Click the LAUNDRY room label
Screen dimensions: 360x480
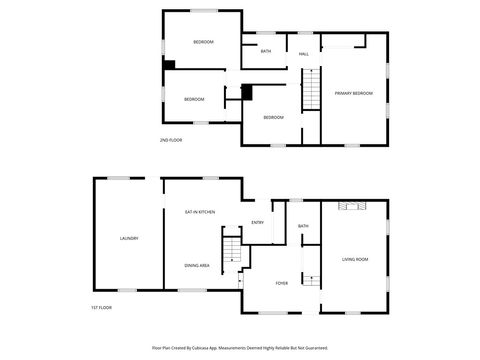[x=129, y=238]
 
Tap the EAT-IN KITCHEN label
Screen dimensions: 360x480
[x=200, y=212]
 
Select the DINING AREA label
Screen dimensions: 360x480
[x=197, y=265]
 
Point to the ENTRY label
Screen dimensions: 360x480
[x=257, y=222]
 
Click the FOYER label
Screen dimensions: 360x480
[x=282, y=283]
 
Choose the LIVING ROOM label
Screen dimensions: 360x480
[x=355, y=259]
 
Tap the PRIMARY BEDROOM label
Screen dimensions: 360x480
[x=353, y=93]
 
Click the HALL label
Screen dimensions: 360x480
[x=303, y=53]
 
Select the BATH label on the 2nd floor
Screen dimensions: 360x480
[x=266, y=51]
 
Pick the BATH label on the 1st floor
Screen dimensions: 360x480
[x=303, y=226]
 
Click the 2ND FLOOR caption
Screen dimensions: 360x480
[x=171, y=139]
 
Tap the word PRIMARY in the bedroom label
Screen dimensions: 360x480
[x=344, y=93]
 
